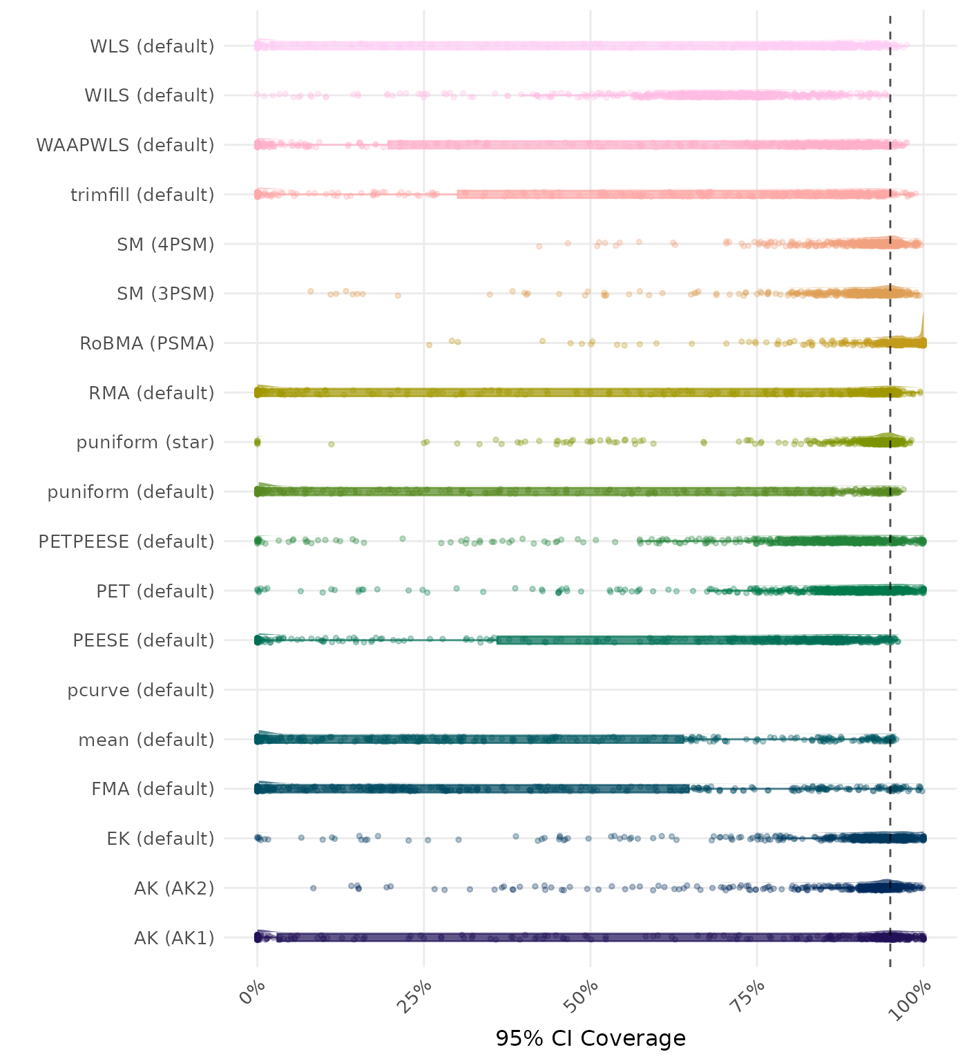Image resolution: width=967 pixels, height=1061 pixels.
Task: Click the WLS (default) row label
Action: (x=152, y=46)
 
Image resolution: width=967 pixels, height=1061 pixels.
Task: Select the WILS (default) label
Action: (x=149, y=95)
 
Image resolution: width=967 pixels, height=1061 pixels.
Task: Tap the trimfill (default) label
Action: (x=142, y=195)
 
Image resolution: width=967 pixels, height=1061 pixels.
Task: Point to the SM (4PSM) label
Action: (x=166, y=245)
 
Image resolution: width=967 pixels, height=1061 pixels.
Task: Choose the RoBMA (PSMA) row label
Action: (x=147, y=343)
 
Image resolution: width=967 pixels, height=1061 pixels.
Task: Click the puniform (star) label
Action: (x=145, y=442)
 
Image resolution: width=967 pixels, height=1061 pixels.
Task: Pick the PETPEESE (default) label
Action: (x=126, y=542)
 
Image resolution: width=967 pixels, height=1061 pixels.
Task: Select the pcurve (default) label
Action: (x=141, y=690)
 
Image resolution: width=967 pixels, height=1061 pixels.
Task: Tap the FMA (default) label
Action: (x=153, y=789)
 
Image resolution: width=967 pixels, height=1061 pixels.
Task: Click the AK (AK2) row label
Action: (x=174, y=888)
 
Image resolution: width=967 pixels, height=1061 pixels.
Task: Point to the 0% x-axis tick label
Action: (x=252, y=993)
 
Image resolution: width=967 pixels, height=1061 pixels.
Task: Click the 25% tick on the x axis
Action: (x=417, y=995)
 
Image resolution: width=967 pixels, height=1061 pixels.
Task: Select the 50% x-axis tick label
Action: (x=584, y=995)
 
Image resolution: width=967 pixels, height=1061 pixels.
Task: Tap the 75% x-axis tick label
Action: (x=750, y=995)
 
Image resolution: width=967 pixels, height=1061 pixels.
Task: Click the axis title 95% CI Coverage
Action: (x=591, y=1039)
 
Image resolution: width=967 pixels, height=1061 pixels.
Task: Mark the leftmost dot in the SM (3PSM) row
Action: (x=311, y=291)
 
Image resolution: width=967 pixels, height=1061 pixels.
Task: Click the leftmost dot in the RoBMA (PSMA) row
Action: (x=429, y=345)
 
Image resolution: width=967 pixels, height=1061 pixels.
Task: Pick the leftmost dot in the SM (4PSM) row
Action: (x=539, y=246)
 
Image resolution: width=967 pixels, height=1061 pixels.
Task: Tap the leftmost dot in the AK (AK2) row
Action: (x=314, y=888)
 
